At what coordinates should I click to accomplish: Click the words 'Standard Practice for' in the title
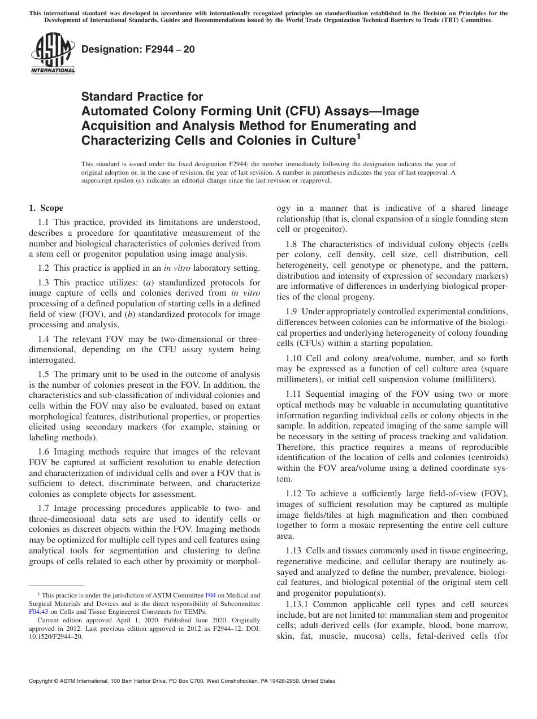142,97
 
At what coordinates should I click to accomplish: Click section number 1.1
45,223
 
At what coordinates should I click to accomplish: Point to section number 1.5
45,374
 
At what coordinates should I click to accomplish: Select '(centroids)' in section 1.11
486,456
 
